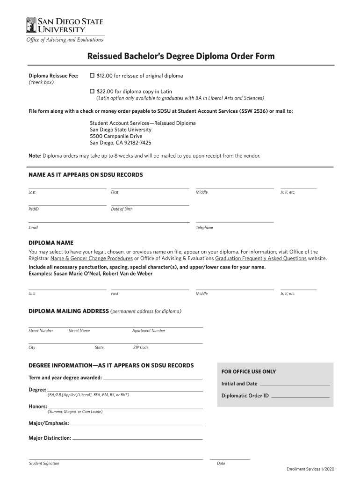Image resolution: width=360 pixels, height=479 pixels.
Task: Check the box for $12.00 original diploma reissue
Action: [92, 75]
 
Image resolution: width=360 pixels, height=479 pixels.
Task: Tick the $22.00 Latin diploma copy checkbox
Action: [92, 91]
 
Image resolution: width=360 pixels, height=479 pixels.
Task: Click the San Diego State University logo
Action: [65, 25]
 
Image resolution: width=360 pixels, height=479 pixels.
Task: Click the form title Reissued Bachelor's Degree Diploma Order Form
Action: [181, 57]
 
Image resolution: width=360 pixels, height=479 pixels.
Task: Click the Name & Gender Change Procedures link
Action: [92, 258]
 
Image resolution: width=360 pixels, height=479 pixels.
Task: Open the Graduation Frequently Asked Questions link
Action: [261, 258]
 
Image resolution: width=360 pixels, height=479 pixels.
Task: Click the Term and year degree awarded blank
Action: [152, 377]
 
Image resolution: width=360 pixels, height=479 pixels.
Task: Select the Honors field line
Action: [125, 406]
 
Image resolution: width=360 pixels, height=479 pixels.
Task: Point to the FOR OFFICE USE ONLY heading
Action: [248, 372]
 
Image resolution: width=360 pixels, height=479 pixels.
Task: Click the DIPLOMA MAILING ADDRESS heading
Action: [69, 311]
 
